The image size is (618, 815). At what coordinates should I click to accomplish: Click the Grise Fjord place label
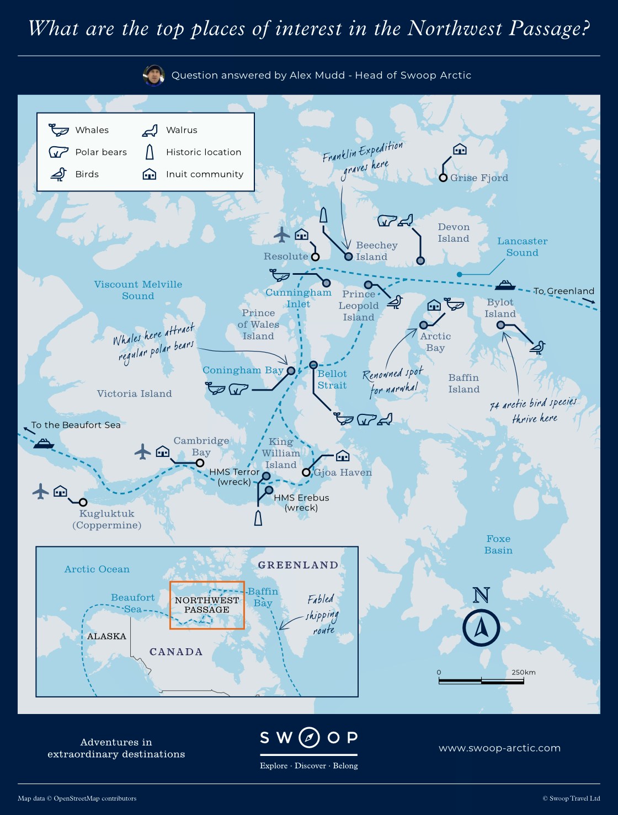coord(478,178)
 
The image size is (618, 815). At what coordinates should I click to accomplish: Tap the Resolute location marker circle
coord(315,257)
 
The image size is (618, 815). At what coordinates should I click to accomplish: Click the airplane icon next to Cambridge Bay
coord(143,451)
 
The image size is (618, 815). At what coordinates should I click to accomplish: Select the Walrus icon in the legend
coord(150,130)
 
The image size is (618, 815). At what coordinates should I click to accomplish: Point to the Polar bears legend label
coord(101,152)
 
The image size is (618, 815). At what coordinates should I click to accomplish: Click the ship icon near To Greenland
coord(505,285)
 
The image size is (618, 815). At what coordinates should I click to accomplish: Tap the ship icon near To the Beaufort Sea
coord(44,443)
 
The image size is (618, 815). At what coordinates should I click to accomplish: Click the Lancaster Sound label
coord(522,247)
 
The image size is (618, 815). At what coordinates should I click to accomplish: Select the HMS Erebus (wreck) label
coord(301,502)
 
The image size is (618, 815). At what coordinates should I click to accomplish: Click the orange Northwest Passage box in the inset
coord(207,605)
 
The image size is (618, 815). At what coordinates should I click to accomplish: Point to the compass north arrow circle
coord(481,628)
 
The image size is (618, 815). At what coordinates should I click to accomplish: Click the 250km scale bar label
coord(523,672)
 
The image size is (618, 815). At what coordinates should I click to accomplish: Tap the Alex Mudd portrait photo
coord(154,75)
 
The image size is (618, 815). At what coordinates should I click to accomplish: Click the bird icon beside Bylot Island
coord(537,347)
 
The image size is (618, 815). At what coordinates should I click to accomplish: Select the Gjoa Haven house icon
coord(343,455)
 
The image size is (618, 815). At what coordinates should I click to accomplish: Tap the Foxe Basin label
coord(498,544)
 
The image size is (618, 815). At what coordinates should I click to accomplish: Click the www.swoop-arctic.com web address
coord(499,748)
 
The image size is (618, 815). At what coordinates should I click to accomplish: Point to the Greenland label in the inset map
coord(298,565)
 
